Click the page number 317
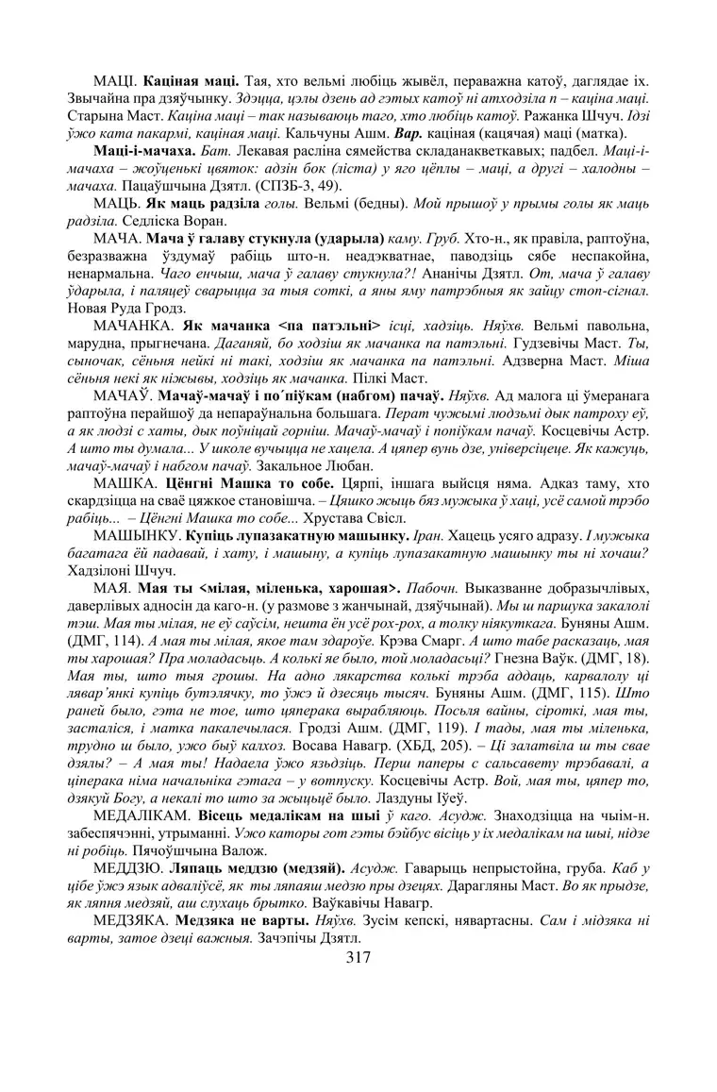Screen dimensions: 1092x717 [358, 956]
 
